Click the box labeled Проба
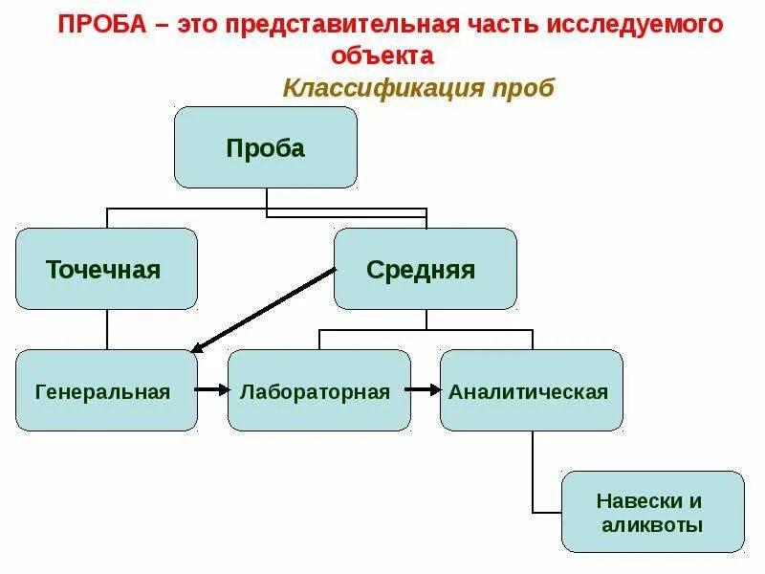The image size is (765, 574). (x=265, y=147)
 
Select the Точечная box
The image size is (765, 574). (x=106, y=269)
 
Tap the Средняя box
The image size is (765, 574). (x=425, y=269)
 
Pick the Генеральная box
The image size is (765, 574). (x=106, y=390)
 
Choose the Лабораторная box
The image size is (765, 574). (x=318, y=390)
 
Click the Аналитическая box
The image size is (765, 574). (x=531, y=390)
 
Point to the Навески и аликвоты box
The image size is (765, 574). (x=652, y=512)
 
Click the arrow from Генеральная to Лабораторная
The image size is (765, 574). (x=212, y=390)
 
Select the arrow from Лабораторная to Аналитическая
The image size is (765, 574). (x=425, y=390)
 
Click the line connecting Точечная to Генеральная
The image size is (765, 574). (x=106, y=330)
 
